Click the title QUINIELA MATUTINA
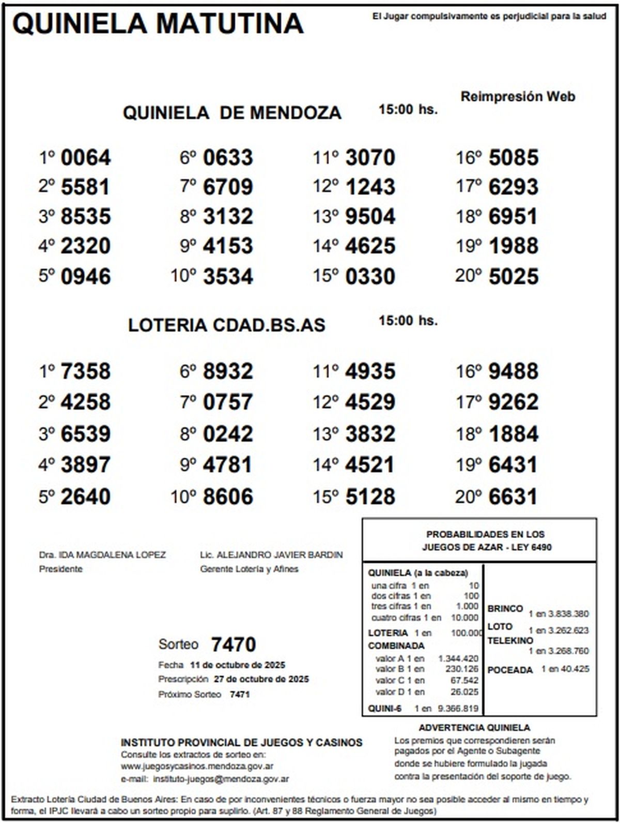[158, 24]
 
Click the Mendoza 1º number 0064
[86, 158]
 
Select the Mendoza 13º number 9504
[370, 217]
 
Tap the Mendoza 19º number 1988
[513, 246]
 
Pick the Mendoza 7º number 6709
[228, 187]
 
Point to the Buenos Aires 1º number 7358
[86, 371]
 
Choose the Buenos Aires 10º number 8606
[228, 497]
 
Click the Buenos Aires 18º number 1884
[513, 434]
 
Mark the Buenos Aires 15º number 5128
[370, 497]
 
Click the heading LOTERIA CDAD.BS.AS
[227, 325]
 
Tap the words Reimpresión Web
[518, 97]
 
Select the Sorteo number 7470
[234, 645]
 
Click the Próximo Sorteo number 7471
[240, 694]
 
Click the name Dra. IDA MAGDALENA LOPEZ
[102, 555]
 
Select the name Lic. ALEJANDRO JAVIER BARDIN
[271, 555]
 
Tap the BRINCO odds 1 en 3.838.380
[559, 614]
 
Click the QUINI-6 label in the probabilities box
[384, 709]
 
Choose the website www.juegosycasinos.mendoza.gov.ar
[197, 766]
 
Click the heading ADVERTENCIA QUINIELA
[474, 728]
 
